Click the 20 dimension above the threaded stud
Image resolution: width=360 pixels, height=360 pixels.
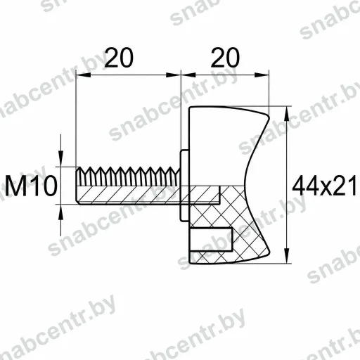pos(119,58)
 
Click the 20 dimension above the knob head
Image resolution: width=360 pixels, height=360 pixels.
pos(225,58)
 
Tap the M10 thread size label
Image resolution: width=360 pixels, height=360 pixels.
pos(31,186)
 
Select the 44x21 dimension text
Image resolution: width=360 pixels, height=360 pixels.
pos(325,186)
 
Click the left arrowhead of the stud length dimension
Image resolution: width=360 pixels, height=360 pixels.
pos(84,75)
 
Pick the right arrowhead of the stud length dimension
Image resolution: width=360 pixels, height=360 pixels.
pos(174,75)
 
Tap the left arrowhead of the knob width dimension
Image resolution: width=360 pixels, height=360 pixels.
pos(188,75)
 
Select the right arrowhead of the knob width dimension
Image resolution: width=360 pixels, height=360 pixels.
pos(262,75)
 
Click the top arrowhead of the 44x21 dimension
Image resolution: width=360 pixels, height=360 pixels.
pos(286,113)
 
